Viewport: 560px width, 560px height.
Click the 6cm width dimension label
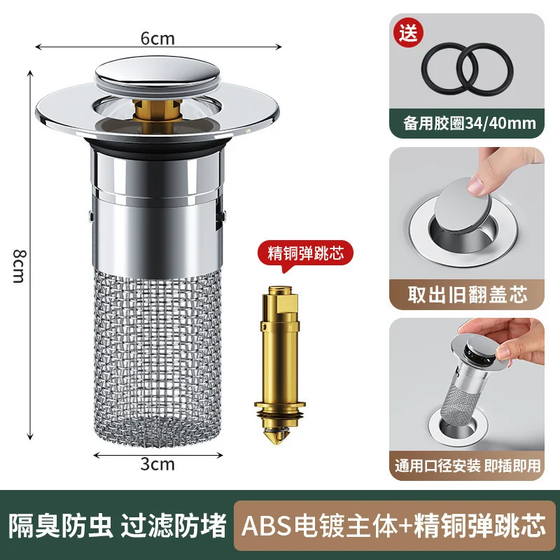click(x=158, y=39)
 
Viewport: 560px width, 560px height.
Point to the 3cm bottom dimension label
click(x=158, y=463)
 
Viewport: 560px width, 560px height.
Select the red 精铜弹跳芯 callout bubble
click(x=305, y=253)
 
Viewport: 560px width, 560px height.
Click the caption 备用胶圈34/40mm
click(x=467, y=124)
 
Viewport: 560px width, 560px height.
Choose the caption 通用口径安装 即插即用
click(x=467, y=465)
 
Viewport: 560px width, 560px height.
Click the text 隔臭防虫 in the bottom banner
click(x=62, y=524)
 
